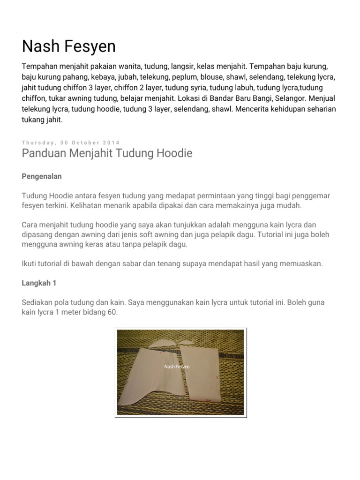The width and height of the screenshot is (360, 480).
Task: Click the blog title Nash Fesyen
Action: tap(68, 46)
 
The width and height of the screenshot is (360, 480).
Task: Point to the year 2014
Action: tap(112, 142)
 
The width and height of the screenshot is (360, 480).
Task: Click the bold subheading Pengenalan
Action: tap(42, 177)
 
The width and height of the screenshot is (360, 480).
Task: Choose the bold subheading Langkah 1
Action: tap(39, 284)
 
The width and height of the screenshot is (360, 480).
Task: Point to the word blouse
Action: tap(214, 77)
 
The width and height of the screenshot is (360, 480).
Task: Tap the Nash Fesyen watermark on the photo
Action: tap(177, 367)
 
